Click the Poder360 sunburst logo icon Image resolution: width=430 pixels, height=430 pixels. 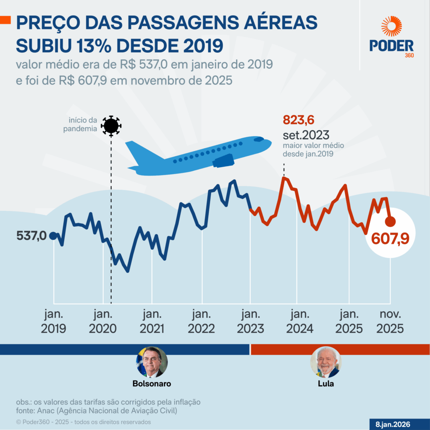click(391, 26)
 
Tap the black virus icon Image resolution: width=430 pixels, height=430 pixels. click(111, 126)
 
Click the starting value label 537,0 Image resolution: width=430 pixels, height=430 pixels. click(31, 236)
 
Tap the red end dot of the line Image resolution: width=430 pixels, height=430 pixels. click(391, 221)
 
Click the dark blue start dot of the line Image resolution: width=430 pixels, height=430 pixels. click(53, 236)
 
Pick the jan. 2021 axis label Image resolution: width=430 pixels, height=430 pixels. click(152, 322)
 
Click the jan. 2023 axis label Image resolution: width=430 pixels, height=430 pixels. click(251, 322)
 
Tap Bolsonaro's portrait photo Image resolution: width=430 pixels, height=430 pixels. click(152, 362)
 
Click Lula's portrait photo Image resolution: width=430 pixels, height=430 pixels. click(326, 362)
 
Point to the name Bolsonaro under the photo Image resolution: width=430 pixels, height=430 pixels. click(152, 383)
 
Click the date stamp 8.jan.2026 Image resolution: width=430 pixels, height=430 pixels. click(393, 424)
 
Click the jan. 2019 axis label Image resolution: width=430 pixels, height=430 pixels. click(53, 322)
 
